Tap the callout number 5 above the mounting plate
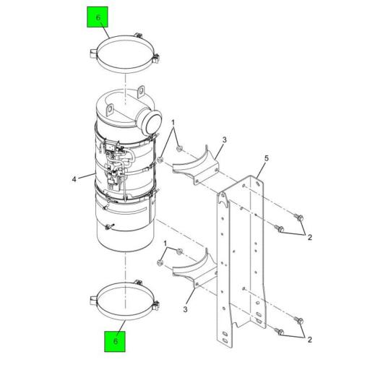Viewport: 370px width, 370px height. tap(266, 157)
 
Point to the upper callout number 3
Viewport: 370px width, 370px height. tap(225, 139)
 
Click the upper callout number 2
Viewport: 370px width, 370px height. tap(309, 236)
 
